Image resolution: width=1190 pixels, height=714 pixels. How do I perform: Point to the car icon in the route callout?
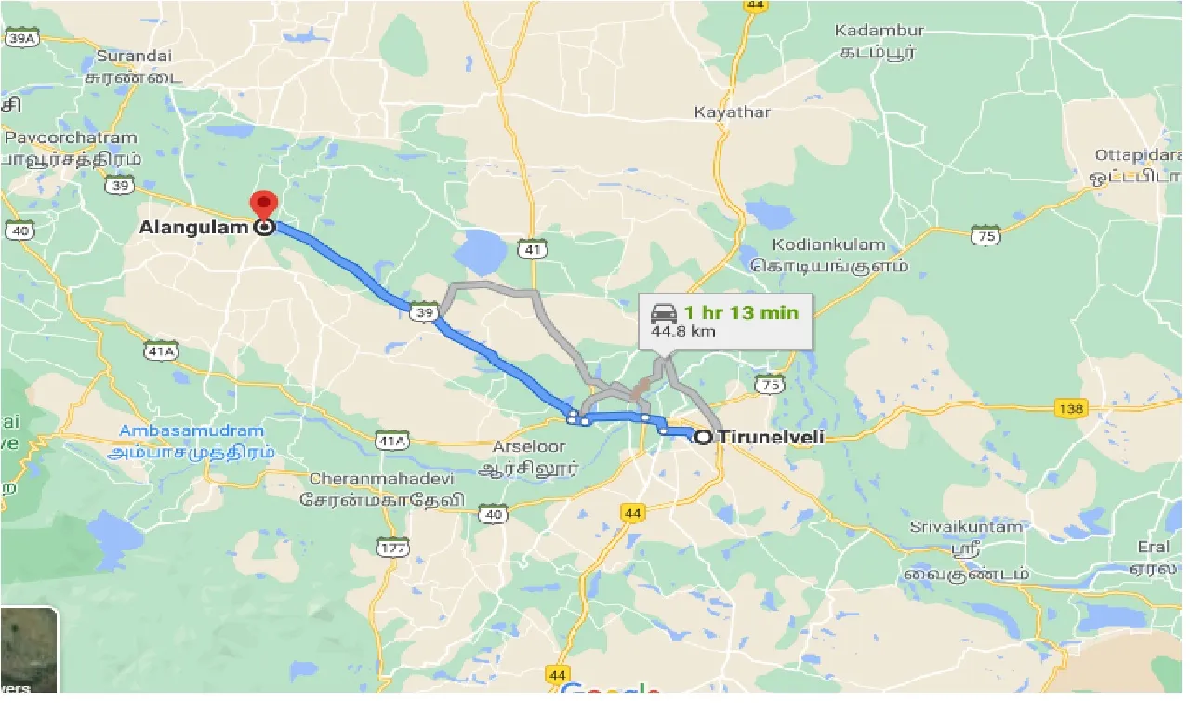click(x=663, y=313)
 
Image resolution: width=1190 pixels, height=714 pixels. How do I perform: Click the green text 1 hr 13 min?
click(x=741, y=312)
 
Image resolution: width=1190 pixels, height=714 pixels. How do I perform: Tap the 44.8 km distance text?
click(x=683, y=332)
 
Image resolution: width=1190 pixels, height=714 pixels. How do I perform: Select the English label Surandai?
click(x=135, y=57)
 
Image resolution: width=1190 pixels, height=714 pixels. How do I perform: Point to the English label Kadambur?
click(x=879, y=31)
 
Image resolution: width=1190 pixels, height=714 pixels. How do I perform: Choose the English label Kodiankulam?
click(x=829, y=245)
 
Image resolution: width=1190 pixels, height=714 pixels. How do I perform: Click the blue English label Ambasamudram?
click(x=192, y=431)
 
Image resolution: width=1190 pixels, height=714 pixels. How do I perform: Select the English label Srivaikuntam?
click(x=966, y=526)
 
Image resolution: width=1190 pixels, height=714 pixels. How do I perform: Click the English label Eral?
click(x=1153, y=547)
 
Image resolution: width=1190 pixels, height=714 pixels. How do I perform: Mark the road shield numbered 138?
click(x=1071, y=408)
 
